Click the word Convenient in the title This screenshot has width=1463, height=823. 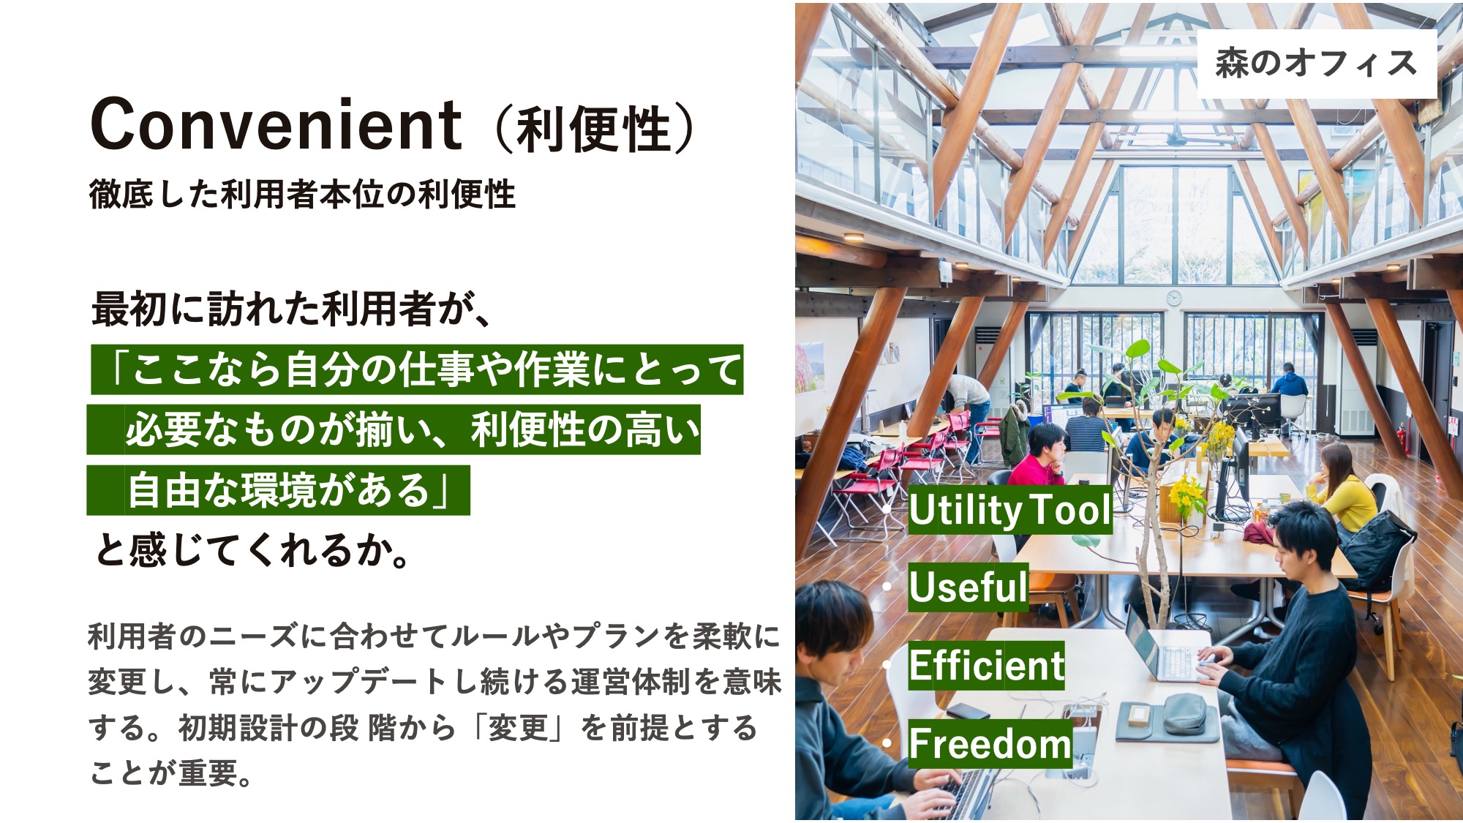pos(276,124)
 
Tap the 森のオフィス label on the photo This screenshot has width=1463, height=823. pos(1317,63)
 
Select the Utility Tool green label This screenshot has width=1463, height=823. pos(1010,510)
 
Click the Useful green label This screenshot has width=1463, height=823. pos(969,587)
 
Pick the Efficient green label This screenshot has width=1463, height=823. pos(986,665)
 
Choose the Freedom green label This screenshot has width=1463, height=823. pos(990,743)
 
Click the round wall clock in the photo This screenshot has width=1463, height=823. pos(1173,298)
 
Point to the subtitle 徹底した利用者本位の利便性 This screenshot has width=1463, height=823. pos(302,195)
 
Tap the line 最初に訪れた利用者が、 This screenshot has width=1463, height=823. pos(291,309)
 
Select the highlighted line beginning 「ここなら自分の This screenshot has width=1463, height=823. pos(417,369)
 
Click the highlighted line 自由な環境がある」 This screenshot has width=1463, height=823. pos(278,490)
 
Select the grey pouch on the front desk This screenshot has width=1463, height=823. pos(1184,713)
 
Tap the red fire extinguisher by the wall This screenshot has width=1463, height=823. pos(1401,438)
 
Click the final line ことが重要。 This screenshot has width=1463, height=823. pos(172,773)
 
